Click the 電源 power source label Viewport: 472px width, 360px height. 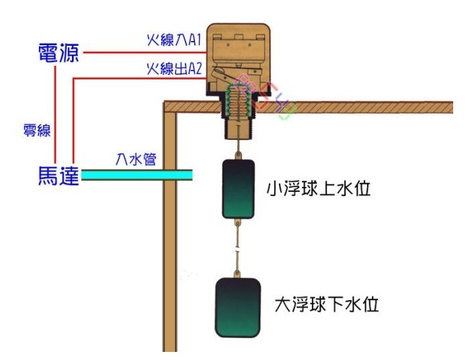(57, 54)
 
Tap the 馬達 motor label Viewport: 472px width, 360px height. (57, 176)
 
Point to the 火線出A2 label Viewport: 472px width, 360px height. (174, 69)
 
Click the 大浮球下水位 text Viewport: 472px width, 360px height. (327, 305)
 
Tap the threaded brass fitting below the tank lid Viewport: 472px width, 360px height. (238, 124)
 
